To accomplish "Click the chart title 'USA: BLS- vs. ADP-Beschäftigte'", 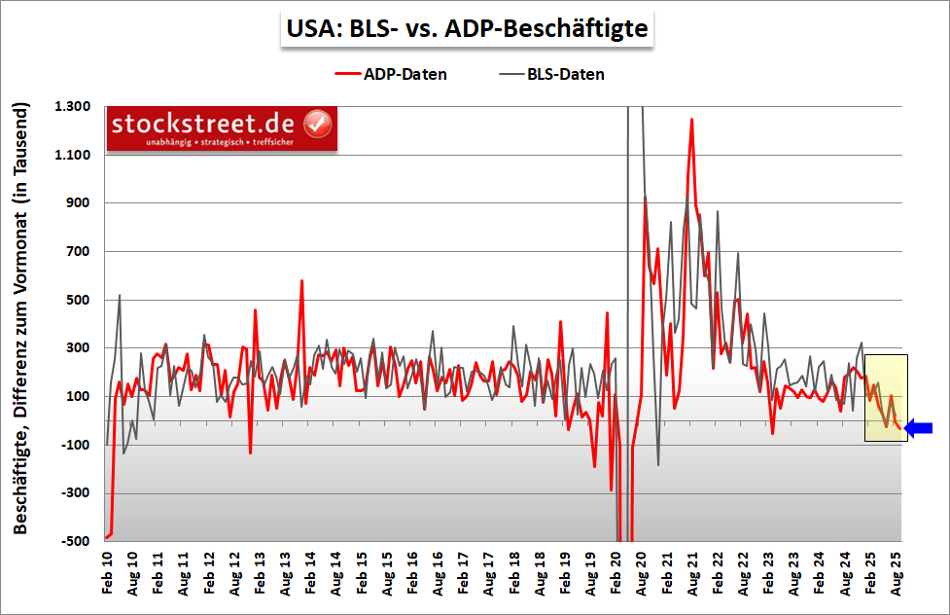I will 467,28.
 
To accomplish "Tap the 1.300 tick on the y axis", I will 72,106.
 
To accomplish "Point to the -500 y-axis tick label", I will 74,541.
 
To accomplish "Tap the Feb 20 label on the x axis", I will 615,575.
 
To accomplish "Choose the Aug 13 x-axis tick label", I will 285,575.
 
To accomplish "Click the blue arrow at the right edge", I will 919,427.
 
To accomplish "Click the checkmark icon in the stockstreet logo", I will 318,124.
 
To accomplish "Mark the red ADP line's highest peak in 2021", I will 691,120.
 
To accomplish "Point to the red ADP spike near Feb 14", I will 302,281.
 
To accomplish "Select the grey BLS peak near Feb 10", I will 120,295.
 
